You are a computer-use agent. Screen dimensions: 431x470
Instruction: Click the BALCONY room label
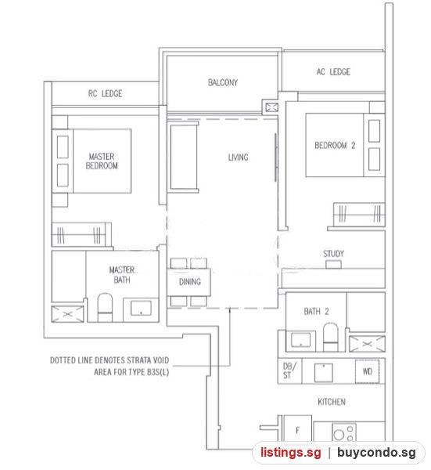point(223,82)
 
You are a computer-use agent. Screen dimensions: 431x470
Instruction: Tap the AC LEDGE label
point(333,71)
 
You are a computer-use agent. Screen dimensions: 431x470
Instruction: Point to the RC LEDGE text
point(105,93)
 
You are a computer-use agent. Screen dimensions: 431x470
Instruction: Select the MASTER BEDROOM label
point(102,161)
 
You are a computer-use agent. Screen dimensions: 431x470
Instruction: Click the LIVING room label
point(239,157)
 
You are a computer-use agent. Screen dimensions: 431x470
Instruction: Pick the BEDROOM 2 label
point(335,146)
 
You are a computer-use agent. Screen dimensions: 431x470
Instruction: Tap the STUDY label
point(333,254)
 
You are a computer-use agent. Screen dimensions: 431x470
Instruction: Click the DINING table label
point(190,282)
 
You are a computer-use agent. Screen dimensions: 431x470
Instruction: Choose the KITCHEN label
point(332,402)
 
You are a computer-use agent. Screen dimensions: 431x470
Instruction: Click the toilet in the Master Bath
point(105,308)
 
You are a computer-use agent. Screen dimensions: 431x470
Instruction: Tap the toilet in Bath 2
point(330,337)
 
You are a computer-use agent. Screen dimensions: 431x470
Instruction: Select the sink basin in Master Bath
point(141,308)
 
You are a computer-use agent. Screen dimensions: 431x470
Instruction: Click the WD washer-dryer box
point(367,371)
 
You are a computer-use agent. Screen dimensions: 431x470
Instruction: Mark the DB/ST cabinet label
point(289,371)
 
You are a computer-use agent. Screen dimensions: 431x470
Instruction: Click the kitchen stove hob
point(344,432)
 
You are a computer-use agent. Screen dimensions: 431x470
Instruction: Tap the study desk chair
point(333,265)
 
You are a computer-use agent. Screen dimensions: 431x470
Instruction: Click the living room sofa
point(184,157)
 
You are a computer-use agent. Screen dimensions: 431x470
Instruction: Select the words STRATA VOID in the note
point(148,360)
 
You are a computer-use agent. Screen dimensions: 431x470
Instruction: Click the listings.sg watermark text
point(290,452)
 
